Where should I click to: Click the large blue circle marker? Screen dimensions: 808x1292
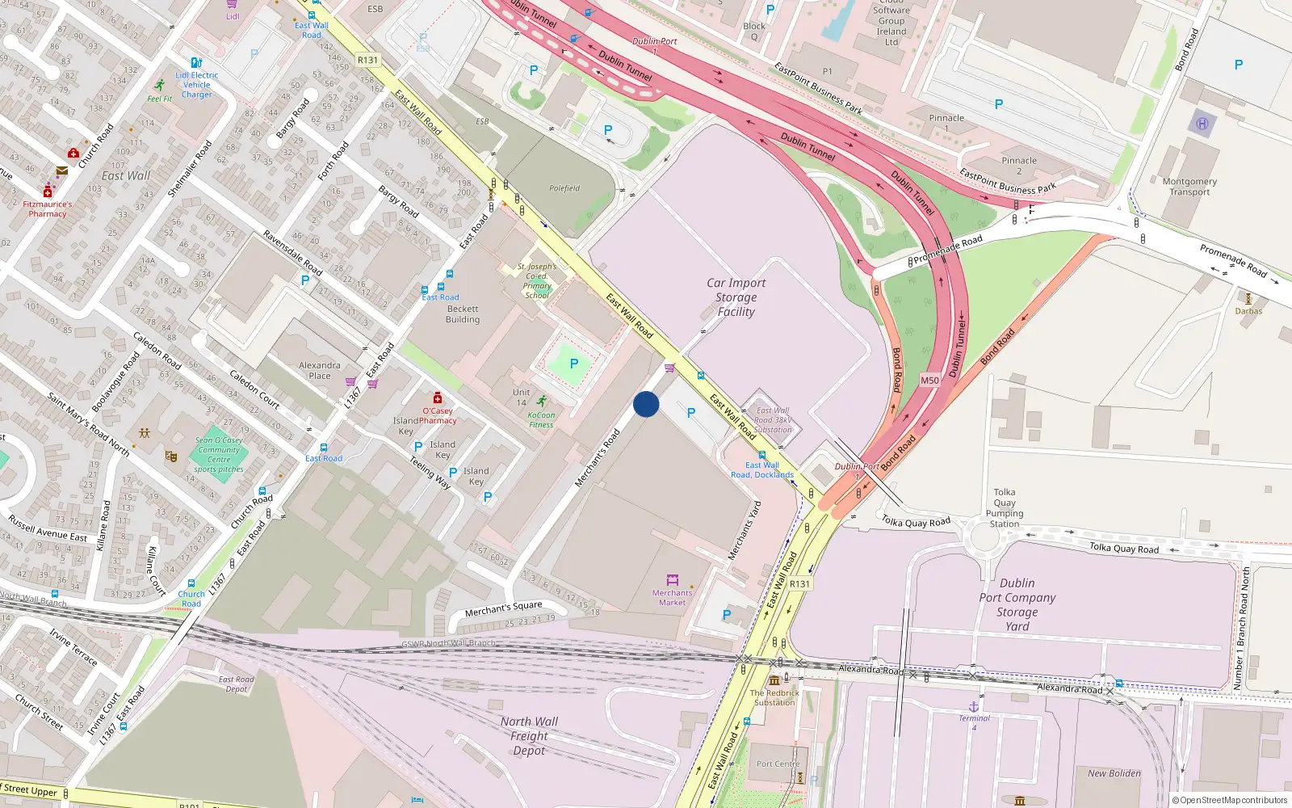646,404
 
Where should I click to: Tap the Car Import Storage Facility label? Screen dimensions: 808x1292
736,297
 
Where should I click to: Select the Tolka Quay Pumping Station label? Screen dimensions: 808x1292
1005,507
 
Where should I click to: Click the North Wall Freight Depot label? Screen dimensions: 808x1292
529,736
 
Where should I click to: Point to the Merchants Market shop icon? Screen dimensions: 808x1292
672,580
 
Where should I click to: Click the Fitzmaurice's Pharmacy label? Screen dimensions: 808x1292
48,209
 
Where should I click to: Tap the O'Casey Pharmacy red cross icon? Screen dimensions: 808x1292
438,398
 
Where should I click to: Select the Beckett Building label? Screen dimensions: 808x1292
463,314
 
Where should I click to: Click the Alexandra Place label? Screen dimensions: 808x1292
320,370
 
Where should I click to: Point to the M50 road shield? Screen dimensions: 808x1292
929,381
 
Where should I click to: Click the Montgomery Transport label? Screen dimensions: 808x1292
1189,187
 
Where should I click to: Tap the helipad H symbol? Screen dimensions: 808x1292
1202,124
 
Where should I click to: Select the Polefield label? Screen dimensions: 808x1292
564,188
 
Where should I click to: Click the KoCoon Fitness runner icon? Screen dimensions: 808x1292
541,402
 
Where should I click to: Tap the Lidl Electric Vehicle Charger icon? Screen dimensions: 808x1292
196,62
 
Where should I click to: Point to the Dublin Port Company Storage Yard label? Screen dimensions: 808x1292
1017,604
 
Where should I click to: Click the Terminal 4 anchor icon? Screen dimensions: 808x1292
974,707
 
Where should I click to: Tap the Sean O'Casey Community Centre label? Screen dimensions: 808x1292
219,454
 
